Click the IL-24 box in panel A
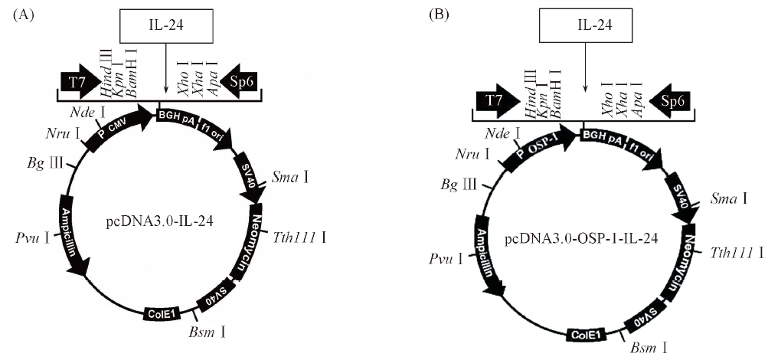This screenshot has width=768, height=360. coord(166,28)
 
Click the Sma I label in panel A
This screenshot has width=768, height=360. coord(290,178)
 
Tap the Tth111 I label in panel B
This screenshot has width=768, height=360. coord(737,252)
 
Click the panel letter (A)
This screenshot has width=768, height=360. coord(21,15)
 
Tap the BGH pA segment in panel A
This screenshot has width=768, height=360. coord(176,116)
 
